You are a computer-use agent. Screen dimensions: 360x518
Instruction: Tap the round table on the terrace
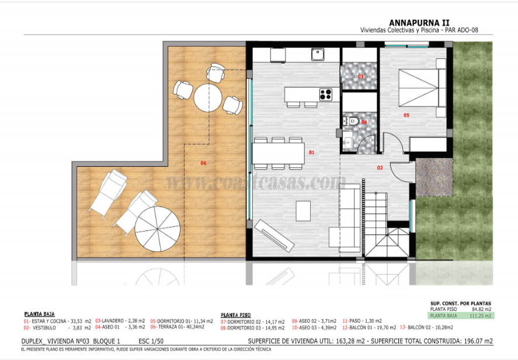[x=208, y=97]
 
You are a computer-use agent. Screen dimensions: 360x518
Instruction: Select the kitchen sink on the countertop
[x=318, y=55]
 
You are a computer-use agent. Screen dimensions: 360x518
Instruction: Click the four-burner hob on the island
[x=325, y=93]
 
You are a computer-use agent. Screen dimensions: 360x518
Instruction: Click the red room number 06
[x=203, y=163]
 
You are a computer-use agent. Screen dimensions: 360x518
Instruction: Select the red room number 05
[x=406, y=115]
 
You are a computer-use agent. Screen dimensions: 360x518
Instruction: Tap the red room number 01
[x=312, y=152]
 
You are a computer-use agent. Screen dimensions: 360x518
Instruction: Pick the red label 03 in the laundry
[x=360, y=76]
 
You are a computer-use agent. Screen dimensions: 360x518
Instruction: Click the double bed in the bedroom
[x=419, y=88]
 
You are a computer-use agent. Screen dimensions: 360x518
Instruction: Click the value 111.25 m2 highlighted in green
[x=481, y=315]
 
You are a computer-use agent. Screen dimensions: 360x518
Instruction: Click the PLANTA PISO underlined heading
[x=235, y=314]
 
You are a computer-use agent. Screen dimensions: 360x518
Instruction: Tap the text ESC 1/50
[x=151, y=341]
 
